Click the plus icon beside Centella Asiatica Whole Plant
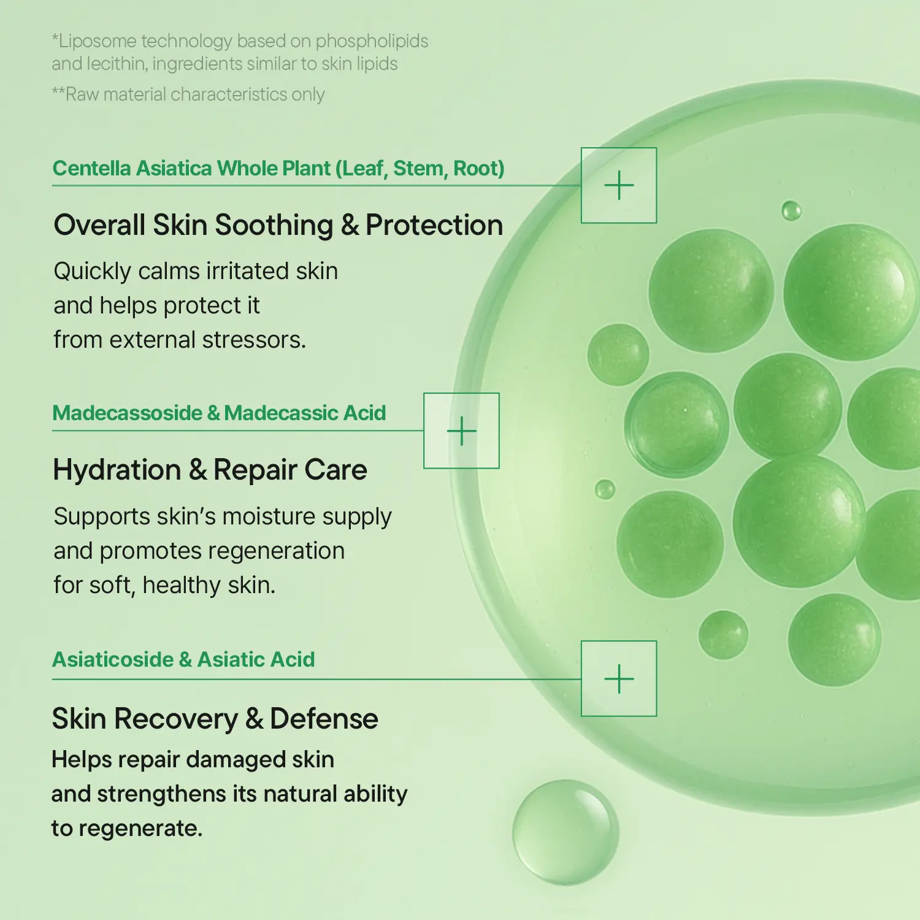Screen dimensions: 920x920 [x=619, y=185]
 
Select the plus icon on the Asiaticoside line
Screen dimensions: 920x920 [x=619, y=679]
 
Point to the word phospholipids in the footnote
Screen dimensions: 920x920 [x=372, y=41]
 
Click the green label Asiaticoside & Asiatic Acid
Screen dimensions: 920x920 [x=183, y=659]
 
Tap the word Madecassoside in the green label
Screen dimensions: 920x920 [x=128, y=413]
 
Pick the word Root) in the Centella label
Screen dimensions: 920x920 [x=479, y=168]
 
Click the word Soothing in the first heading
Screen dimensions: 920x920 [x=274, y=224]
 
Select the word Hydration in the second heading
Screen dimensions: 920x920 [x=117, y=470]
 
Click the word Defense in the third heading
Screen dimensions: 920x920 [x=324, y=718]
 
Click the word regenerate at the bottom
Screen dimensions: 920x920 [x=140, y=829]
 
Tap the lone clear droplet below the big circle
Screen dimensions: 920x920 [x=565, y=832]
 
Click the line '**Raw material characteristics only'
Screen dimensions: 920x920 [x=188, y=94]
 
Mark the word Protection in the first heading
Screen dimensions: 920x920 [x=434, y=224]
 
